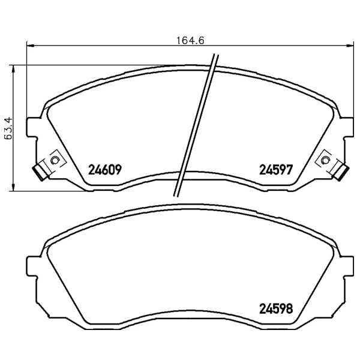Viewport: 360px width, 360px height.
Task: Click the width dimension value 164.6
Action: point(190,41)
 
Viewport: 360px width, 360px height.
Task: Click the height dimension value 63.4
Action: point(8,128)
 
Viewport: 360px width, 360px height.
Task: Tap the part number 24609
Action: point(105,170)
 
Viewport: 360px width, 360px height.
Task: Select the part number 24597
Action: point(276,170)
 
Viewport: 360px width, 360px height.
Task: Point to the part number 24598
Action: point(276,309)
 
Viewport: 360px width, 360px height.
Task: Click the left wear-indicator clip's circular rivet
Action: point(55,160)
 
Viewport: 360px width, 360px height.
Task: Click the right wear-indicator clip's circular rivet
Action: point(325,160)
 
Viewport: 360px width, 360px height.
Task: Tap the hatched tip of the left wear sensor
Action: point(39,173)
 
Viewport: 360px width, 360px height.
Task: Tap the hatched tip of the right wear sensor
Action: point(341,173)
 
